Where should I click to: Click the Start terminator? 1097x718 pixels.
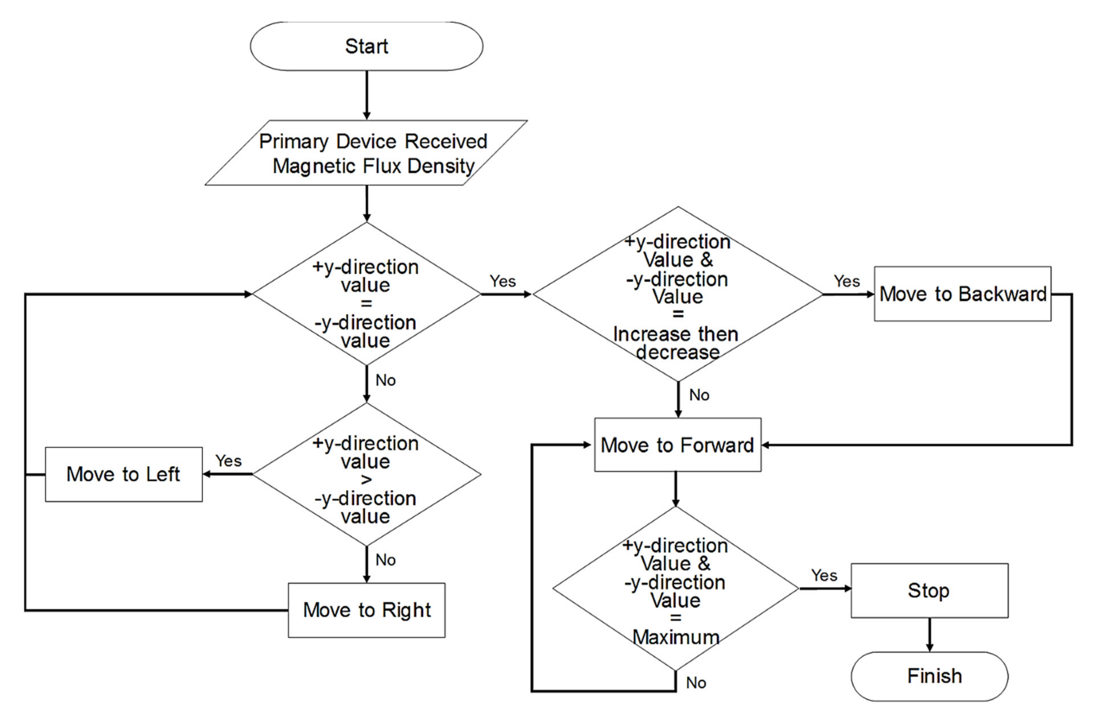point(366,46)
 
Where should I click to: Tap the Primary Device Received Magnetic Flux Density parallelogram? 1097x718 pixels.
point(366,153)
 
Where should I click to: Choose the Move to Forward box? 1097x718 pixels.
point(678,445)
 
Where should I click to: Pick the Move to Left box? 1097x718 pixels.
point(123,474)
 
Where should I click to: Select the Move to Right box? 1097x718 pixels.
point(366,610)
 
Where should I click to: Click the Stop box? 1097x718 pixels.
point(929,590)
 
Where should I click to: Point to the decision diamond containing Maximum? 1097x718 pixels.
point(676,589)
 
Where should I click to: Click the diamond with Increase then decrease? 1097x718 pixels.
point(678,294)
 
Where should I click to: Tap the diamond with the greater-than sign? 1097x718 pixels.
point(366,474)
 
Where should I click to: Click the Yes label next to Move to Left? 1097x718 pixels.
point(228,460)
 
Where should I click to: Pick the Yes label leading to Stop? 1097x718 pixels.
point(824,575)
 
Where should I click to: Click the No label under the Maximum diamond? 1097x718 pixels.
point(696,683)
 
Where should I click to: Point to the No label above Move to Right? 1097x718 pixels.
point(385,560)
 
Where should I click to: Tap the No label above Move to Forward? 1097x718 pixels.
point(699,395)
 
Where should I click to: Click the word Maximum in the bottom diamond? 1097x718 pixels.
point(676,637)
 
